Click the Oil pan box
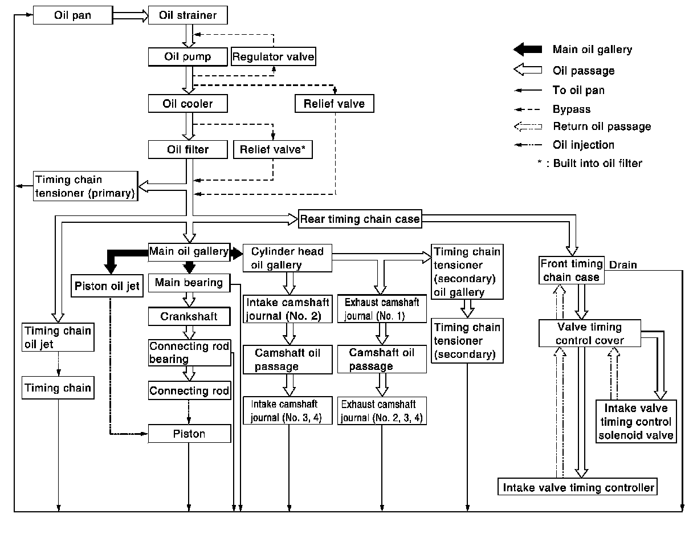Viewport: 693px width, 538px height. point(73,15)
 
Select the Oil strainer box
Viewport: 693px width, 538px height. point(188,15)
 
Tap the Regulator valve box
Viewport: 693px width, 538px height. point(274,56)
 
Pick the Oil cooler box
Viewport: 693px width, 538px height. point(188,103)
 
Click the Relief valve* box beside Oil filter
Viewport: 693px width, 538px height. point(272,149)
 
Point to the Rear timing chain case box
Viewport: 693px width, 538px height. point(360,219)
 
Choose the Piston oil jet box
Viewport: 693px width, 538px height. point(107,286)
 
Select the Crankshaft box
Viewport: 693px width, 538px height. point(189,316)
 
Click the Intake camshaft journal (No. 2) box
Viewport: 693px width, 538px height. point(287,309)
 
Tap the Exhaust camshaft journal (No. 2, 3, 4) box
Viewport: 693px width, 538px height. point(382,411)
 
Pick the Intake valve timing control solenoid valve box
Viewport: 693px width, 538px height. point(636,421)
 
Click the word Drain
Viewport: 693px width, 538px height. point(623,264)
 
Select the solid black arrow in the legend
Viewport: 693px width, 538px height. point(528,49)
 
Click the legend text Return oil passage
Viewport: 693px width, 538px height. point(602,127)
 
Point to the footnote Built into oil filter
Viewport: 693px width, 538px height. point(597,164)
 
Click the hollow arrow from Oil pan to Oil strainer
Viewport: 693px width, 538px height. point(131,15)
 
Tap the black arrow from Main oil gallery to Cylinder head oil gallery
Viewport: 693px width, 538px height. point(237,254)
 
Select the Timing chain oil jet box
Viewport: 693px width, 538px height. point(58,337)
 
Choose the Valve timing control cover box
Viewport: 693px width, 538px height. point(590,333)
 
